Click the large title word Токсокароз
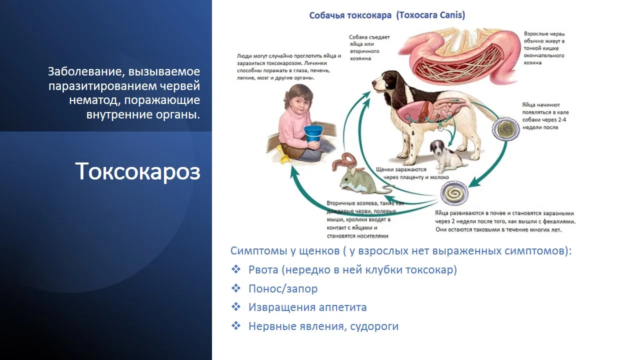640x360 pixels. [137, 171]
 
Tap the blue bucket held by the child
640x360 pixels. [313, 133]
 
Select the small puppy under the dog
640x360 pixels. [445, 156]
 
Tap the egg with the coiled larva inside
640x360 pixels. [454, 194]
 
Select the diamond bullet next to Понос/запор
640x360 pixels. [236, 288]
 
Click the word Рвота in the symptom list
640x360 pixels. [263, 269]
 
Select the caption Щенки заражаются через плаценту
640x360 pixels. [412, 173]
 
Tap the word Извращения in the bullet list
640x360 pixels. [282, 307]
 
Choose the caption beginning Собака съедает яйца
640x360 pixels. [369, 47]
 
